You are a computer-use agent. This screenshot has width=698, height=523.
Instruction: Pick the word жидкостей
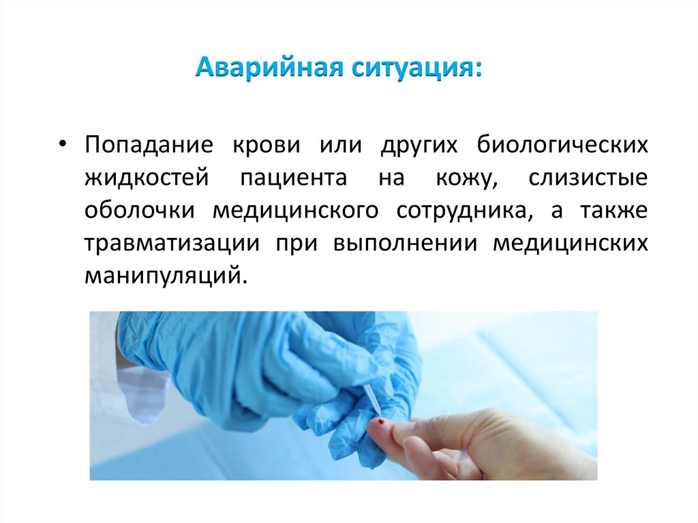coord(145,179)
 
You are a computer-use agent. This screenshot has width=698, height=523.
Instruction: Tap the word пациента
coord(293,179)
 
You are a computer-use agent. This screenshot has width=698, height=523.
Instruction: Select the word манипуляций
coord(162,276)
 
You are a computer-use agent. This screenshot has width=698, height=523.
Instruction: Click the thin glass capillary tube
coord(372,399)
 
